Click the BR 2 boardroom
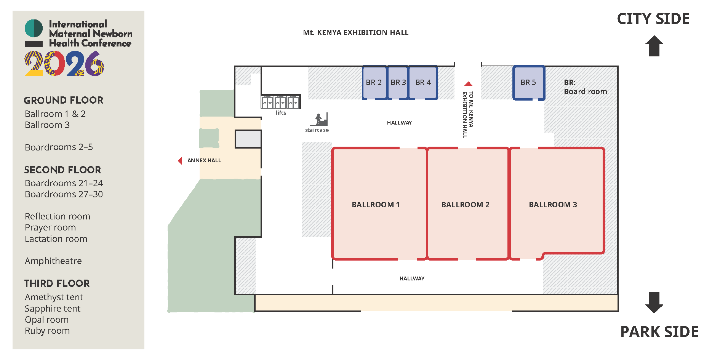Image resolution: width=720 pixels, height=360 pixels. (x=374, y=83)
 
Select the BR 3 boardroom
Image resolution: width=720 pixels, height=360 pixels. (x=398, y=83)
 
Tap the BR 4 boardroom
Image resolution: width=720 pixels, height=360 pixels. (x=423, y=83)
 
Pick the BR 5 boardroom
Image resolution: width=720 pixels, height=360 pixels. (x=528, y=83)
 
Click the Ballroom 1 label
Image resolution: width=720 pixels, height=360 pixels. (x=376, y=205)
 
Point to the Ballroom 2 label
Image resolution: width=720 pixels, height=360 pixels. (x=465, y=205)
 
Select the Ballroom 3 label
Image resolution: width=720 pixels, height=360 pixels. (x=553, y=205)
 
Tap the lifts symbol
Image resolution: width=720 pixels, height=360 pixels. (x=280, y=102)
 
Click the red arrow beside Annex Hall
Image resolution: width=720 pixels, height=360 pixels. (x=180, y=160)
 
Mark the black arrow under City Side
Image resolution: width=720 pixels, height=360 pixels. (x=654, y=46)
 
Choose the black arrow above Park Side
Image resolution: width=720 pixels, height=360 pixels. (x=654, y=302)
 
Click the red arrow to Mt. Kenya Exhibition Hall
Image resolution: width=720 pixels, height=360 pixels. (x=468, y=84)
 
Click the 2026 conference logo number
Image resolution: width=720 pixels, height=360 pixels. (x=64, y=64)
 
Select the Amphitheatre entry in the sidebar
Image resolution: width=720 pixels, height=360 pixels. (x=53, y=261)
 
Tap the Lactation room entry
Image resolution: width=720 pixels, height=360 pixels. (x=56, y=239)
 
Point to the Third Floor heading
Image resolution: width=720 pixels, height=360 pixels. (x=57, y=283)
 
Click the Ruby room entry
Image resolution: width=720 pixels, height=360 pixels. (x=47, y=331)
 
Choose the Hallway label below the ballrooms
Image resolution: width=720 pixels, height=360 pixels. (x=412, y=278)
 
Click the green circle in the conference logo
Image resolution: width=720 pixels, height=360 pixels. (x=34, y=28)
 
